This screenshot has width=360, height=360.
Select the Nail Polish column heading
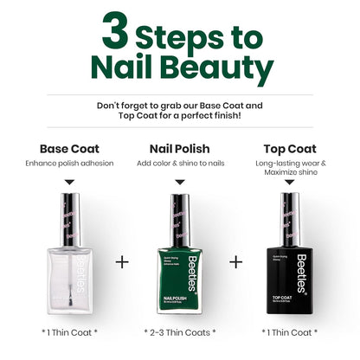tap(180, 148)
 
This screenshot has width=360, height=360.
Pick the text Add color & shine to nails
tap(180, 163)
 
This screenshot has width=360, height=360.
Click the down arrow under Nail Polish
tap(180, 182)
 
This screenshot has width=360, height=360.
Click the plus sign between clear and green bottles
tap(122, 260)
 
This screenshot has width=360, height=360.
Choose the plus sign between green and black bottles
tap(235, 260)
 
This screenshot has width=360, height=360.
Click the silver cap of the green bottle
tap(180, 220)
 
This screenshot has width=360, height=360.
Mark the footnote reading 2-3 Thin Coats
tap(180, 332)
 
